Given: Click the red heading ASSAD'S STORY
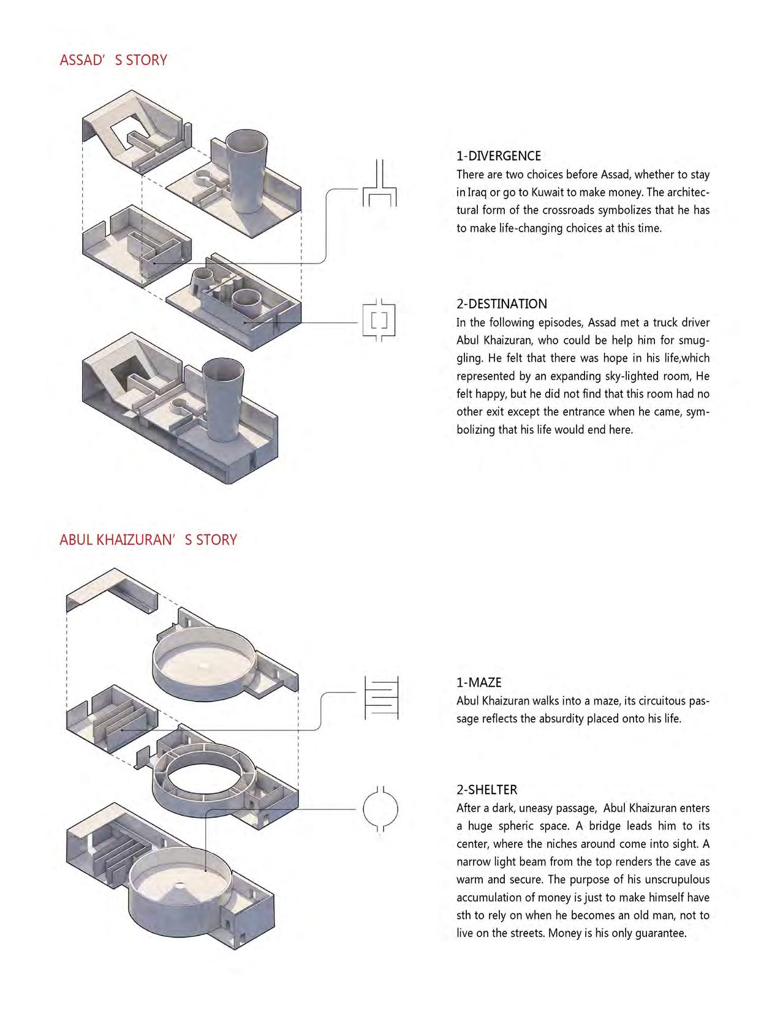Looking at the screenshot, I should point(113,60).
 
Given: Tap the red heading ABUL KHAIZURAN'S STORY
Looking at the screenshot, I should point(148,540).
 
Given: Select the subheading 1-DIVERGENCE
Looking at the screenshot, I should point(498,156).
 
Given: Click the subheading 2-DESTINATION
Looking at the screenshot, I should point(501,304).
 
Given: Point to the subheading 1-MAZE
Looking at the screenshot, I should point(478,683).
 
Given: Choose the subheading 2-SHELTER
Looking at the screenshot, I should point(486,790).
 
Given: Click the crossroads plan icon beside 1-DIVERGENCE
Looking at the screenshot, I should point(380,183).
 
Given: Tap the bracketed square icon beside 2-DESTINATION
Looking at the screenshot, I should point(379,320).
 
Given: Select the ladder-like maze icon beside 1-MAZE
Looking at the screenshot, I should point(381,698).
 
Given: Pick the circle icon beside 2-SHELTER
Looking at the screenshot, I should point(380,809).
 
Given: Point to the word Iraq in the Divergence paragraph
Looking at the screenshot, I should point(477,192).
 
